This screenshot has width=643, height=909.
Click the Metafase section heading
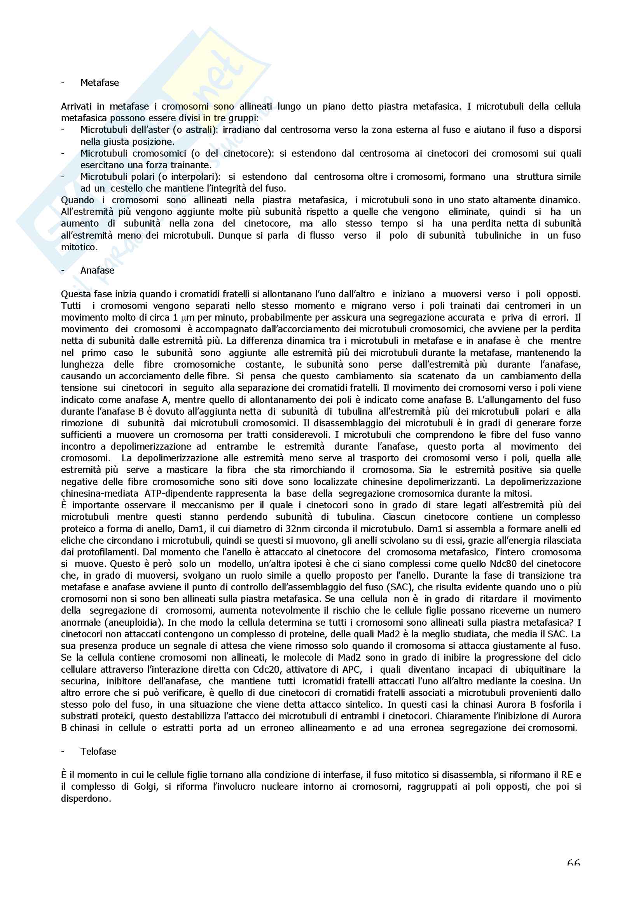pyautogui.click(x=100, y=83)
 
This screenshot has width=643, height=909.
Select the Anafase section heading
pyautogui.click(x=97, y=270)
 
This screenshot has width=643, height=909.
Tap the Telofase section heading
pyautogui.click(x=98, y=752)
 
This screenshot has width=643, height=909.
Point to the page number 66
pyautogui.click(x=573, y=863)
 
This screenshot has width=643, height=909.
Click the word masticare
pyautogui.click(x=187, y=470)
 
